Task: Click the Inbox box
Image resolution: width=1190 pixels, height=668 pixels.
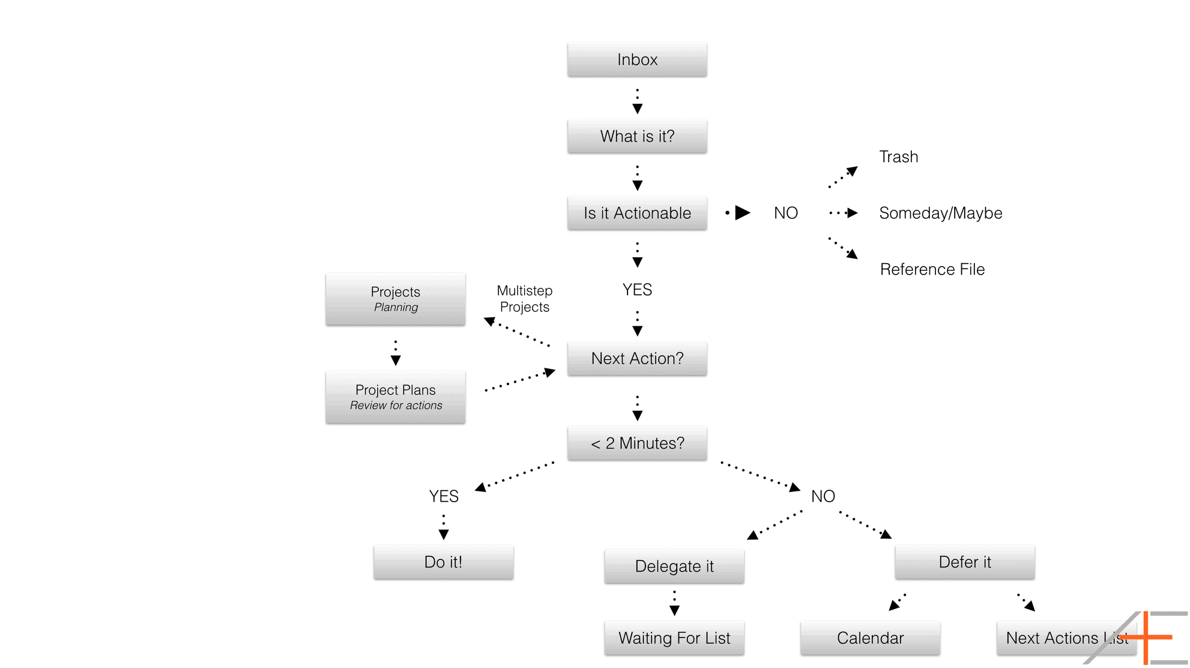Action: coord(637,59)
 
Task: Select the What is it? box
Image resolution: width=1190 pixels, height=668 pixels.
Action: coord(637,136)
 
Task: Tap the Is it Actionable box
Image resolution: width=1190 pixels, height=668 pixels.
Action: coord(637,213)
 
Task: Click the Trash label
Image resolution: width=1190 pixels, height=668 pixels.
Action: coord(898,157)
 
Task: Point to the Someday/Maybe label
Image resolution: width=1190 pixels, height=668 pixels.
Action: coord(940,213)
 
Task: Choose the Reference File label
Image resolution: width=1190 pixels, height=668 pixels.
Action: coord(932,269)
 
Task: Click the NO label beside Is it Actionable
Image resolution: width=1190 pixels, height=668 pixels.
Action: coord(785,213)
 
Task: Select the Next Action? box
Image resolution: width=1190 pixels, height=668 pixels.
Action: coord(637,359)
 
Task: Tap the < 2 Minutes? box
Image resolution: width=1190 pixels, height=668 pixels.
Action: coord(637,443)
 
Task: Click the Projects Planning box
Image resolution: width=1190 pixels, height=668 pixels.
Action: coord(395,299)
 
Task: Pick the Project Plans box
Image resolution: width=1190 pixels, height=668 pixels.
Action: coord(395,397)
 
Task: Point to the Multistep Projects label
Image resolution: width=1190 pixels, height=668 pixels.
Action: coord(524,299)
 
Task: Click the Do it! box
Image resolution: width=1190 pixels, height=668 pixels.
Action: coord(443,562)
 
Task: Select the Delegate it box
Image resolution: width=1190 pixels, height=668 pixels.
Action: coord(674,566)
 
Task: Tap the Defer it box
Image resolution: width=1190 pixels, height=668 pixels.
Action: coord(964,562)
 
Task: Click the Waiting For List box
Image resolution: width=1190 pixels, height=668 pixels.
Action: coord(674,638)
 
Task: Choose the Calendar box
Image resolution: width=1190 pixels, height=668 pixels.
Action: coord(870,638)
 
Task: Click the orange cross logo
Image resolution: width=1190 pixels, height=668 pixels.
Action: coord(1146,637)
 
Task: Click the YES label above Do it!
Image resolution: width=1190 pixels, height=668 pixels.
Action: coord(444,496)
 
